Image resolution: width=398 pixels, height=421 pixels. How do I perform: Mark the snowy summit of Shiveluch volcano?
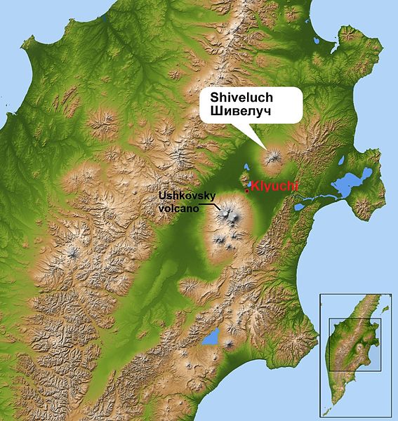[x=273, y=156]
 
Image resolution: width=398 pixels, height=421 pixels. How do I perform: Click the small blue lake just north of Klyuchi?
[x=246, y=169]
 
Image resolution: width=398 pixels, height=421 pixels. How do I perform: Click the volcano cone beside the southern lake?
[x=228, y=344]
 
